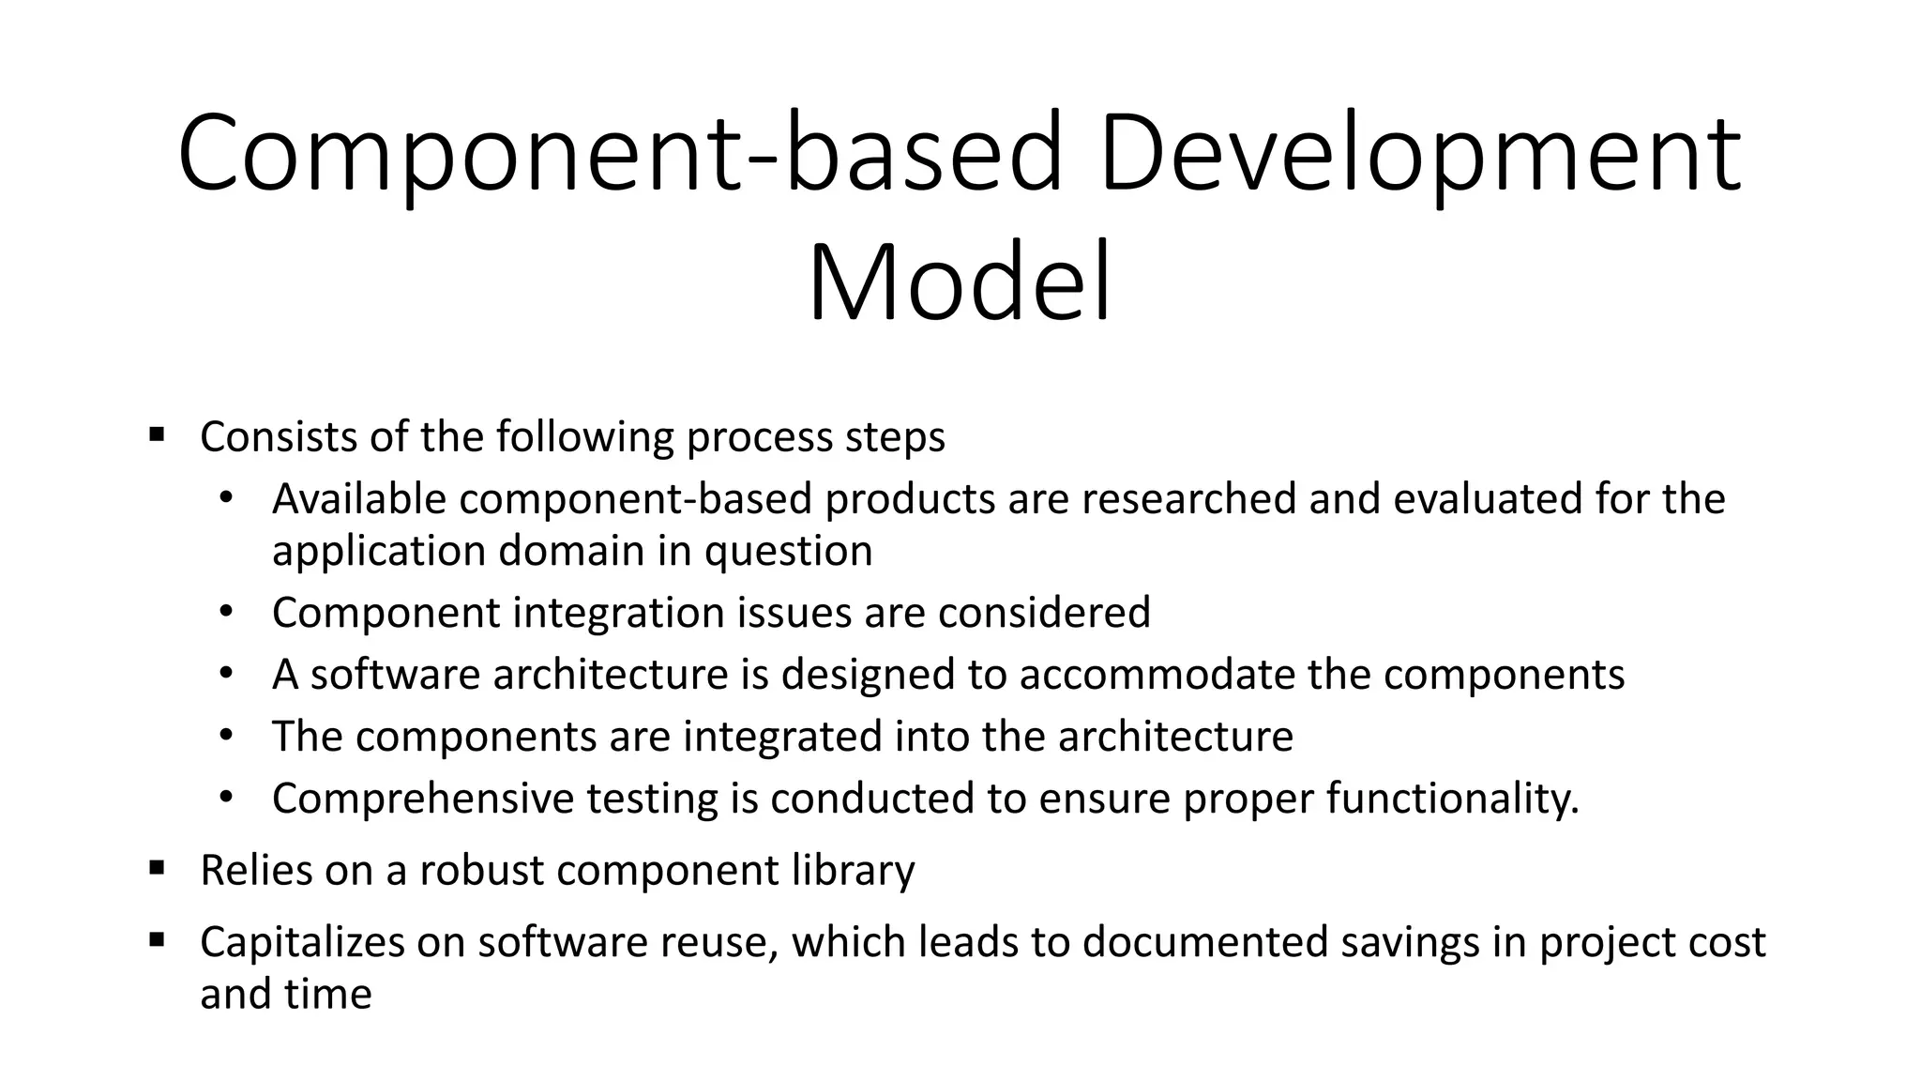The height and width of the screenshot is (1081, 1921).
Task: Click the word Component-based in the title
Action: pos(620,154)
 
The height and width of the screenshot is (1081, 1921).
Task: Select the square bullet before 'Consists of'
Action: pos(157,434)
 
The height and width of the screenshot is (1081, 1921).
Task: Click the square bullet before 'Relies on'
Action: pos(157,868)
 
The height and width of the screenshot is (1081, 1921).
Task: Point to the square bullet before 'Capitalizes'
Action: pos(157,939)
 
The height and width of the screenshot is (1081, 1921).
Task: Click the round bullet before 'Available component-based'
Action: pos(225,498)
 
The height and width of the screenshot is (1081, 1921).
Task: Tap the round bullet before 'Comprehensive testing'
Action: pos(225,799)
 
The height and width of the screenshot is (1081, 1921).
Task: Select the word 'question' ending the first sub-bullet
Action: pos(788,551)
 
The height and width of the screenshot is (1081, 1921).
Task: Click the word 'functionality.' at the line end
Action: pos(1453,799)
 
